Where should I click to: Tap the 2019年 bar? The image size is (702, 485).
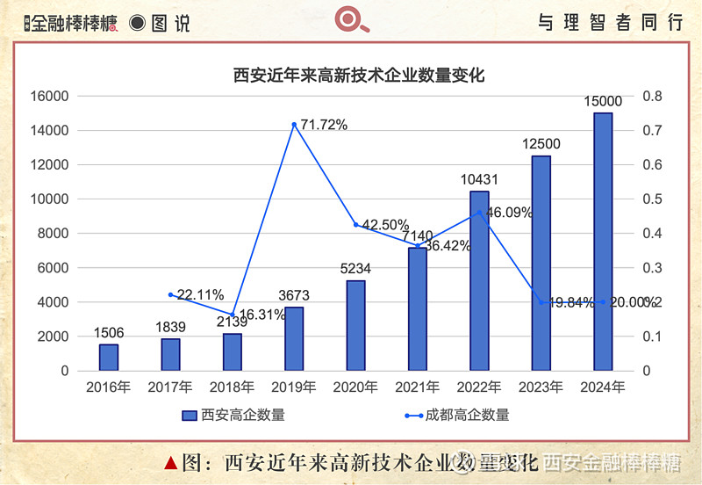(x=294, y=338)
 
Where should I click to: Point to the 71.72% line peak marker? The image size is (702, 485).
(x=294, y=125)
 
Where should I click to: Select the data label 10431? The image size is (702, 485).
(x=479, y=179)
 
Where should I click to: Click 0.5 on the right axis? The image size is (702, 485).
(x=654, y=199)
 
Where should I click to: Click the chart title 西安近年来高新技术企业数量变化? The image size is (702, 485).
(x=359, y=76)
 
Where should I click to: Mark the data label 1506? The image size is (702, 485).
(x=108, y=333)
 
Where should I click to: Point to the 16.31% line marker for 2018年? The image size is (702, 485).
(x=233, y=315)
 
